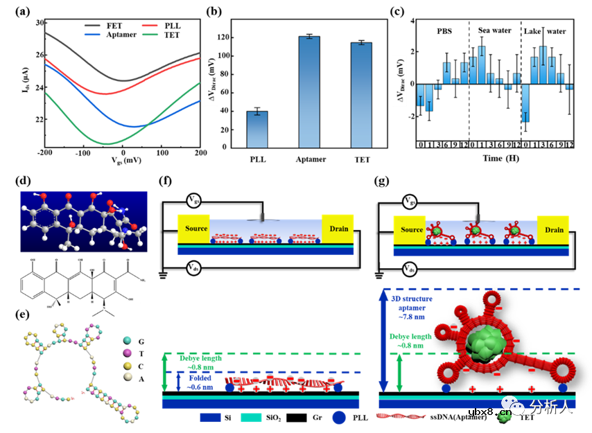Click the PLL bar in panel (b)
[x=257, y=129]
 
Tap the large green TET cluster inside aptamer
[x=480, y=344]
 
